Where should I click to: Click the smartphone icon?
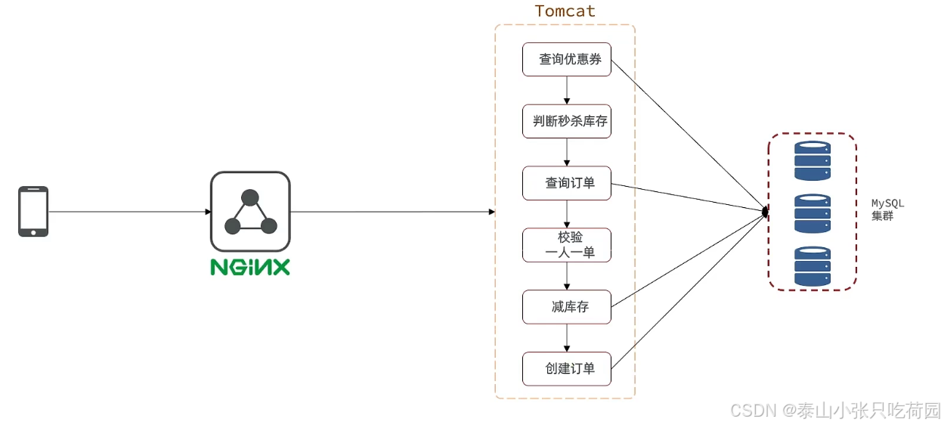click(33, 212)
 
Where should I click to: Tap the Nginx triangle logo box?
click(250, 212)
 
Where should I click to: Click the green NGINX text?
click(250, 268)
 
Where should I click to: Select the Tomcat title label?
click(565, 11)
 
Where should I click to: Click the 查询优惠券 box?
click(567, 59)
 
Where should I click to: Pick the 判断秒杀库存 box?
click(567, 121)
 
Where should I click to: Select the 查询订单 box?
click(567, 183)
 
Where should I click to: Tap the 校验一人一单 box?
click(567, 245)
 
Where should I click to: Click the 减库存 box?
click(567, 307)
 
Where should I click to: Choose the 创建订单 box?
click(567, 369)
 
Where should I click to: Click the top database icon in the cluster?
click(812, 160)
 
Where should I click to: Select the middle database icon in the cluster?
click(812, 213)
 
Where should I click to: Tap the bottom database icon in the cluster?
click(812, 266)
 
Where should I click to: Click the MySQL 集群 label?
click(887, 210)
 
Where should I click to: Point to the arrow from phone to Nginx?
click(128, 212)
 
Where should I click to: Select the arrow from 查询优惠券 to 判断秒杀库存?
click(567, 90)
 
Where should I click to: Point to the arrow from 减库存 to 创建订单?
click(567, 338)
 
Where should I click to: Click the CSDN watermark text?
click(834, 410)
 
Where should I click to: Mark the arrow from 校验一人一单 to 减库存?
click(567, 276)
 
